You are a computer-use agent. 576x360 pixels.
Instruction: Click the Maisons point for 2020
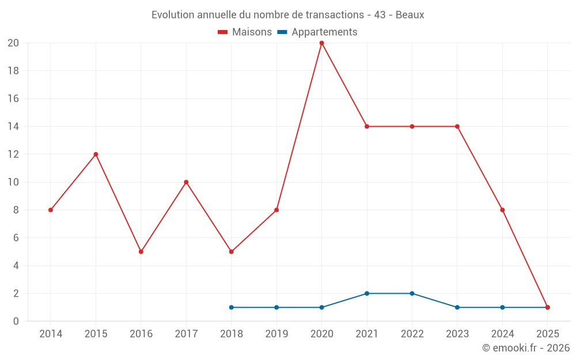pos(321,43)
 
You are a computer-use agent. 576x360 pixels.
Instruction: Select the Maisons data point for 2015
pos(96,154)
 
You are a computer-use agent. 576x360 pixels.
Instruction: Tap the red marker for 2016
pos(141,252)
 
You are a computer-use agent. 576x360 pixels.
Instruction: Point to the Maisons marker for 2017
pos(186,182)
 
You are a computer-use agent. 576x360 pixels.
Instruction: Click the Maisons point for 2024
pos(502,210)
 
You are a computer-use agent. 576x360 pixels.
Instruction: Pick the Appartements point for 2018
pos(232,308)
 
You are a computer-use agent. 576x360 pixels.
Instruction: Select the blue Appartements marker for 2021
pos(367,294)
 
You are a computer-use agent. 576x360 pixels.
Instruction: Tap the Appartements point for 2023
pos(457,308)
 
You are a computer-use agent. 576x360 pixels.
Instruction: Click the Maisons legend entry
pos(245,32)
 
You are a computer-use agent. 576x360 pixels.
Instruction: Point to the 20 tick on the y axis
pos(13,43)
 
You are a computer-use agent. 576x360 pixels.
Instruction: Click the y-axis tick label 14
pos(13,127)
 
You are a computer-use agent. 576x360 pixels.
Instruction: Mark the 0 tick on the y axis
pos(16,321)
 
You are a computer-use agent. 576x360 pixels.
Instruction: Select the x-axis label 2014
pos(51,334)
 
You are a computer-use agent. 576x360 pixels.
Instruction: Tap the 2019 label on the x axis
pos(276,334)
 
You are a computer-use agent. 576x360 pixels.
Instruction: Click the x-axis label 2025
pos(547,334)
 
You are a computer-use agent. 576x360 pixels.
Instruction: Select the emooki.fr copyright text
pos(526,348)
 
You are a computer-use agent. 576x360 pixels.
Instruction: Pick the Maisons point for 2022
pos(412,127)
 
